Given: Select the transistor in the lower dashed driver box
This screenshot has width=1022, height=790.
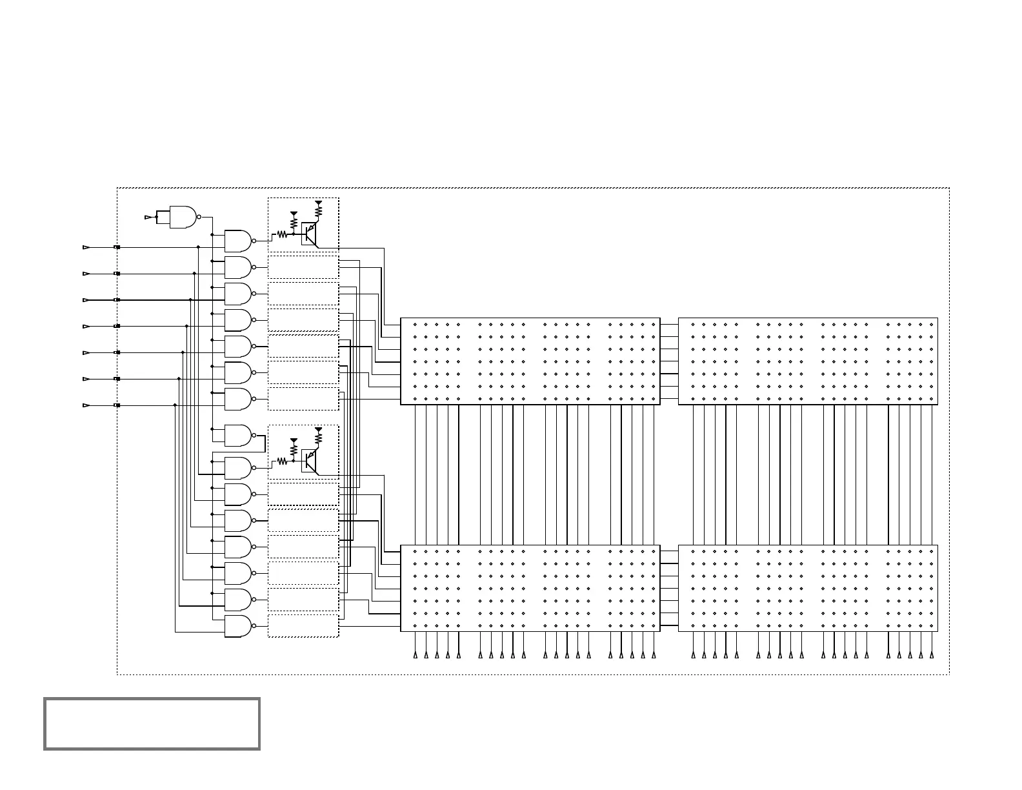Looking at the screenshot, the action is [x=310, y=460].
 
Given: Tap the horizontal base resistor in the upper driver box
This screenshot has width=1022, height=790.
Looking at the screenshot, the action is [x=282, y=235].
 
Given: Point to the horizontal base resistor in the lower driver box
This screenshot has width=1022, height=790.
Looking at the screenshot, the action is [x=282, y=461].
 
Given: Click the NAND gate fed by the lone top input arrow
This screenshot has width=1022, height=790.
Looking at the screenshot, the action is [x=183, y=218].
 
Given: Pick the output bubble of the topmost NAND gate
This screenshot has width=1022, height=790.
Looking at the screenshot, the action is [x=199, y=218].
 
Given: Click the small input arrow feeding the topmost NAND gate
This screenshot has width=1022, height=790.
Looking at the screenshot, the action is [x=148, y=218].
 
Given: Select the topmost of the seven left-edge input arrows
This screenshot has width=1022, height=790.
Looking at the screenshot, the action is [x=85, y=247].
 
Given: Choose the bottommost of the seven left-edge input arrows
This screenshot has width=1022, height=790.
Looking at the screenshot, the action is [x=85, y=406].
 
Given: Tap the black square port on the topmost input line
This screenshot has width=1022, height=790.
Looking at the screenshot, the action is [x=117, y=247].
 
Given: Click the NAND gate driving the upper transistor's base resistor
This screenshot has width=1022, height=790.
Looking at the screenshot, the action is [x=237, y=241].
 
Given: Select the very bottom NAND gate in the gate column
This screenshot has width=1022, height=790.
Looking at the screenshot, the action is [x=237, y=626].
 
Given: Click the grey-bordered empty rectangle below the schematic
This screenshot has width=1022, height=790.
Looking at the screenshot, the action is [x=152, y=724].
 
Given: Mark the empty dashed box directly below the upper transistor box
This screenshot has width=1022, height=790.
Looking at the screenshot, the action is [x=303, y=267].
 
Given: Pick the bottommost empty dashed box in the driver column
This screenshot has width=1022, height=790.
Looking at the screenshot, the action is [x=303, y=625].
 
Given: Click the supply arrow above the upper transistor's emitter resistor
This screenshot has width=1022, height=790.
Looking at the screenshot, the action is [x=318, y=203].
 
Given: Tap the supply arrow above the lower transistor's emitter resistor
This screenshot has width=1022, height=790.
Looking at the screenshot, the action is [x=318, y=430].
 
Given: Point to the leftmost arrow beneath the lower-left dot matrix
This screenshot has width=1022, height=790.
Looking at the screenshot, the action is [x=416, y=655].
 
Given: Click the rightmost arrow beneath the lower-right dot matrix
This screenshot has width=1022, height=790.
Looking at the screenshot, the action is [x=931, y=655].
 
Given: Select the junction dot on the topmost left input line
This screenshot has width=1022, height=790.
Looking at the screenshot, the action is [x=198, y=247].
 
